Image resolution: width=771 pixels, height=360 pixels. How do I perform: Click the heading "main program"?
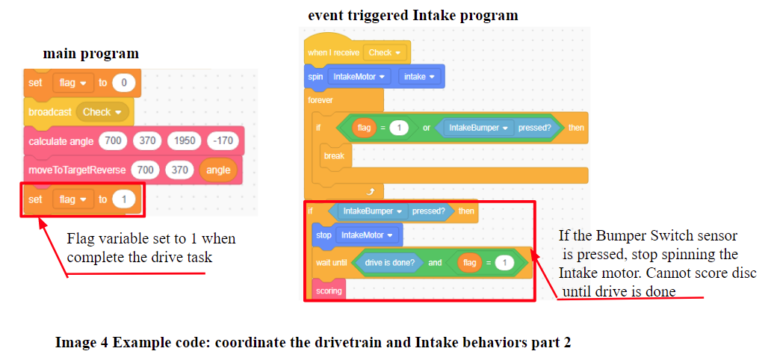pos(90,54)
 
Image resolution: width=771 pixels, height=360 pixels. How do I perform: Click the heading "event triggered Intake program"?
pos(413,15)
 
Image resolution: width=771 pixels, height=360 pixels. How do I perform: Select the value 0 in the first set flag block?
pos(124,83)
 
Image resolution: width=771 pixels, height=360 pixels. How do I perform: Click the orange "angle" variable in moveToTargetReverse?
pos(218,170)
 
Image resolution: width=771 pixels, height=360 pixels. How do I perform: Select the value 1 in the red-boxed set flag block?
pos(124,199)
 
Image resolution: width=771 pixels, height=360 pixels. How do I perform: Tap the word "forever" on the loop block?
pos(321,99)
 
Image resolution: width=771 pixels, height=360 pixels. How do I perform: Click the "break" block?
pos(334,156)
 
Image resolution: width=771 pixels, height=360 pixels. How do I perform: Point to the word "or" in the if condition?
pos(426,128)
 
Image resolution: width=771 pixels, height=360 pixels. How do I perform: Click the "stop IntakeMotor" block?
pos(355,235)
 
